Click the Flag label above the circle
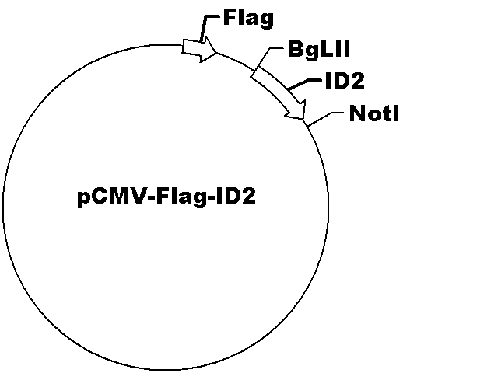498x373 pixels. [248, 19]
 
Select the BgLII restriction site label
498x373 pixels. [319, 50]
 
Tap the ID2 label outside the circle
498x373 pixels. [345, 81]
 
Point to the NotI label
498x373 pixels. [373, 113]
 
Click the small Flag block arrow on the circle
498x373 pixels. [199, 49]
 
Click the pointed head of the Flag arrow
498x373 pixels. [216, 53]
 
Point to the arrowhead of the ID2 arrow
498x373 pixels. [304, 119]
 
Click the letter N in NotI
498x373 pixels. [357, 113]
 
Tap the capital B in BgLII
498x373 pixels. [296, 49]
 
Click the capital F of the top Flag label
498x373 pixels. [230, 17]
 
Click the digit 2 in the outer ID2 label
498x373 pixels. [358, 81]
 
